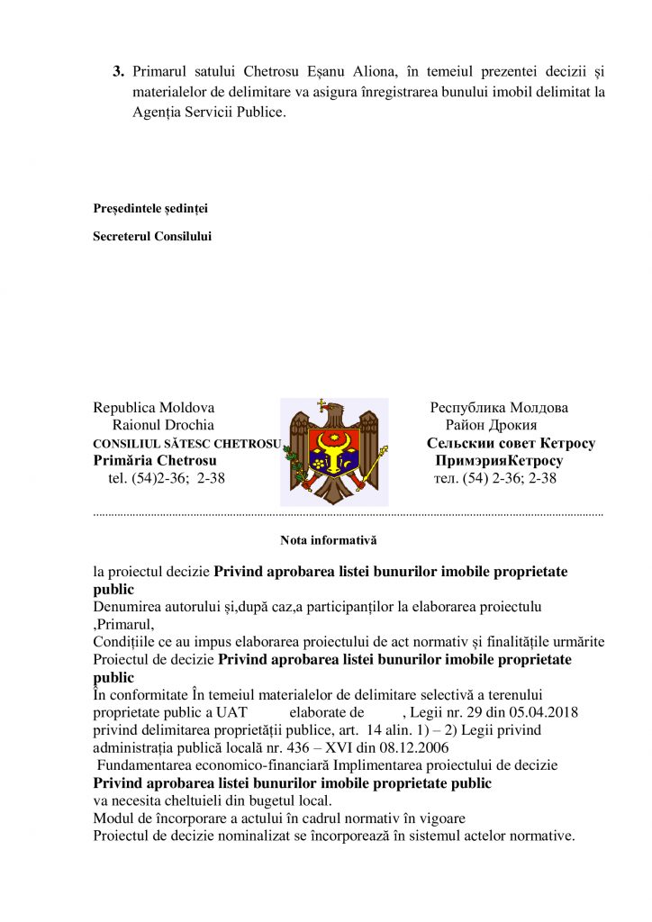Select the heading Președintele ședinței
[x=150, y=209]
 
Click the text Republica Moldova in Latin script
[x=154, y=408]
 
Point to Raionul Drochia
[x=163, y=425]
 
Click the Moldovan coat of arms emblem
[x=334, y=451]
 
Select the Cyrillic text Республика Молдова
[x=499, y=408]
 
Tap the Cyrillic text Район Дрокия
[x=492, y=425]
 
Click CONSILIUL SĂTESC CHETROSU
[x=187, y=444]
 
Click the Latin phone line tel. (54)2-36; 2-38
[x=166, y=479]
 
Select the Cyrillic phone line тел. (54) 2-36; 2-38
[x=495, y=479]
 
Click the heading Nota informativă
[x=328, y=541]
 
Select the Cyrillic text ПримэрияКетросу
[x=499, y=461]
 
